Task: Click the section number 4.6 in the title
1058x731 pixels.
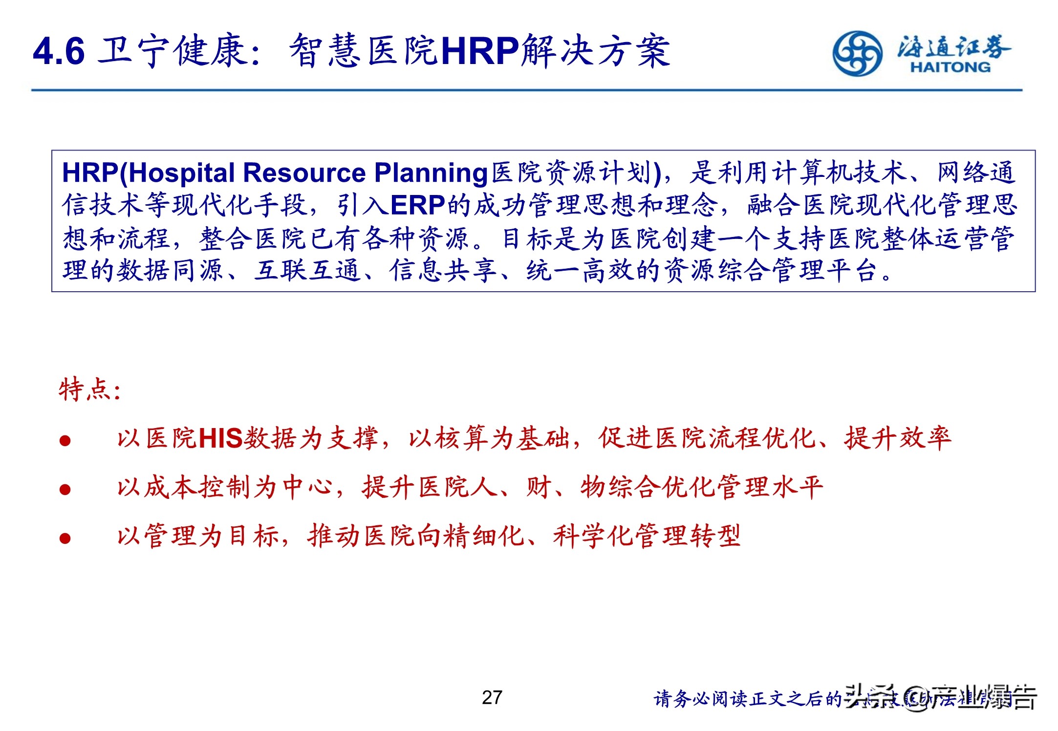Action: [x=59, y=51]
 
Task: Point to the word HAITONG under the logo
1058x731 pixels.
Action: [x=950, y=67]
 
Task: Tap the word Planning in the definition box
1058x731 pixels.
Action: [x=431, y=172]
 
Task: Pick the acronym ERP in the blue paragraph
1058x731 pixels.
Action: [x=418, y=205]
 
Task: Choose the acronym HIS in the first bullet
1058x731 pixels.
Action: [x=220, y=438]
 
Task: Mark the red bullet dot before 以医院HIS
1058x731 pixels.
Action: [x=65, y=441]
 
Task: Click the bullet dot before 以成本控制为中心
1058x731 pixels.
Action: [x=65, y=489]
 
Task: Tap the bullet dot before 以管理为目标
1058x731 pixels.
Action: [x=65, y=538]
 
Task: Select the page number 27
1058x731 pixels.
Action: [x=492, y=698]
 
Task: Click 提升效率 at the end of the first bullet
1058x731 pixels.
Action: [x=897, y=438]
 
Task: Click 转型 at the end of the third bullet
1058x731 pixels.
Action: [x=715, y=536]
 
